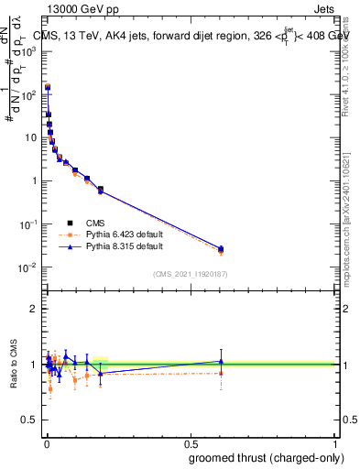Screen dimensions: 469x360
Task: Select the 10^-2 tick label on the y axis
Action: pyautogui.click(x=28, y=267)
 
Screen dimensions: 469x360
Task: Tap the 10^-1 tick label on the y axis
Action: pyautogui.click(x=28, y=224)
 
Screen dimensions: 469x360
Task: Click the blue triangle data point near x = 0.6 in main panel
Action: pyautogui.click(x=221, y=248)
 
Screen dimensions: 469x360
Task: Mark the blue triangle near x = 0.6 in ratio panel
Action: pyautogui.click(x=221, y=361)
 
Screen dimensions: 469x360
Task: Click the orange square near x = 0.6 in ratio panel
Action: pyautogui.click(x=221, y=373)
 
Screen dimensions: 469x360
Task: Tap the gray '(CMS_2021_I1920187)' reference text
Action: pyautogui.click(x=190, y=274)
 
